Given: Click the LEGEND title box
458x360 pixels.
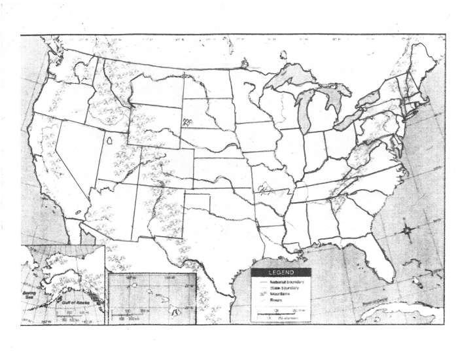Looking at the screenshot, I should pyautogui.click(x=281, y=272).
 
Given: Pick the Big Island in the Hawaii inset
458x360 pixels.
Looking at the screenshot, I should pyautogui.click(x=176, y=312).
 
